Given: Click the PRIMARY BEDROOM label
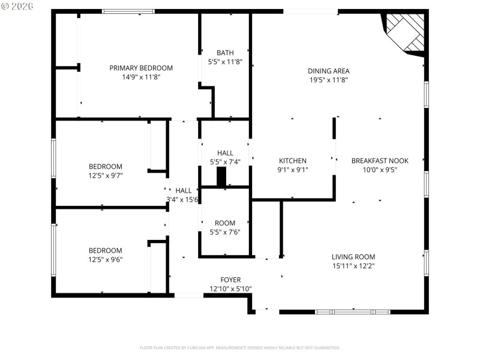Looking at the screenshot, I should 141,68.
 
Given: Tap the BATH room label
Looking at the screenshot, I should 225,53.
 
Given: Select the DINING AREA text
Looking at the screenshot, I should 329,71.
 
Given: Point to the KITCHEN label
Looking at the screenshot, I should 293,161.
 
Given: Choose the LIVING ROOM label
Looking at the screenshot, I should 353,257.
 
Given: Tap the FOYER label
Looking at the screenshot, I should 230,280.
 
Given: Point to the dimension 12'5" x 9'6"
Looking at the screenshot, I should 106,259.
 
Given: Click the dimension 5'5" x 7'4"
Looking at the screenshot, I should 225,162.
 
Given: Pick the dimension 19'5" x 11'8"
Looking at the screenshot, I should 329,79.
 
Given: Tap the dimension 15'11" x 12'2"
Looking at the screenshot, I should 353,265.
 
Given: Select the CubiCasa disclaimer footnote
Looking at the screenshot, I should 239,347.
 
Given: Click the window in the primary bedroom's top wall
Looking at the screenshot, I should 128,11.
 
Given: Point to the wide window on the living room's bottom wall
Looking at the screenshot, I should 352,311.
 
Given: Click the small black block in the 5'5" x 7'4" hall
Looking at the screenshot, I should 221,177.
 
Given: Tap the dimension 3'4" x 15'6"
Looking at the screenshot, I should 183,199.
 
